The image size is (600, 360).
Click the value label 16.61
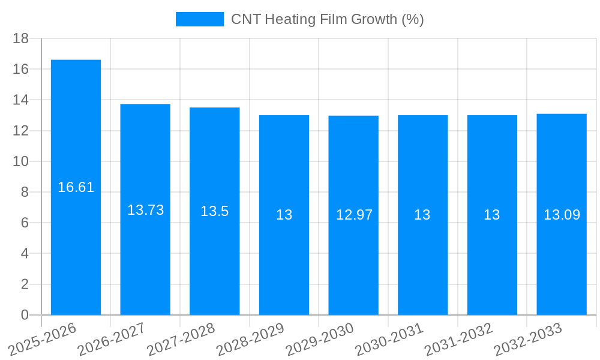[76, 187]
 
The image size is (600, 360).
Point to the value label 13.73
[145, 210]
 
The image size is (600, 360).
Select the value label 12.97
[354, 215]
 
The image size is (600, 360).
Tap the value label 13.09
[562, 215]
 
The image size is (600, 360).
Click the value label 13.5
[215, 211]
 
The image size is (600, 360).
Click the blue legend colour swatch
[199, 19]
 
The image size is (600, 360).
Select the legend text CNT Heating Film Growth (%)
[327, 19]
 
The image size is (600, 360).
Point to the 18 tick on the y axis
[21, 38]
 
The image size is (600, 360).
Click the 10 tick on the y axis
[21, 161]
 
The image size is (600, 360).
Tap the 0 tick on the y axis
[25, 315]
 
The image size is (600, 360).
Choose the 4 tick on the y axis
[25, 254]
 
